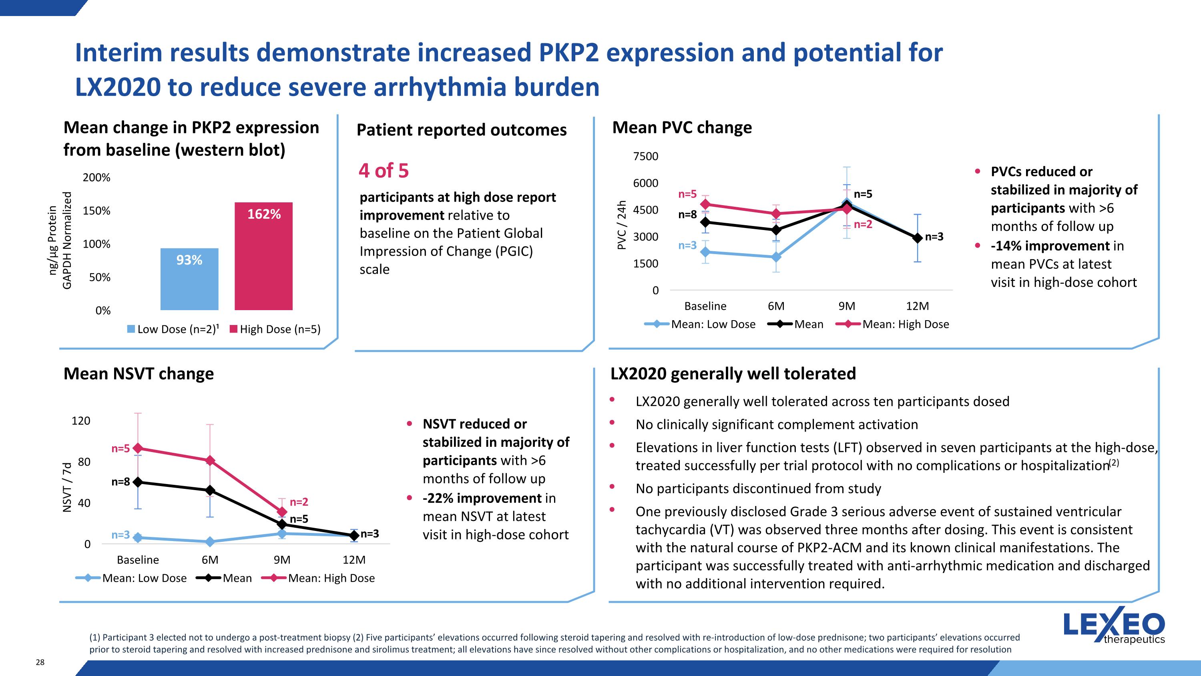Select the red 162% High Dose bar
point(263,256)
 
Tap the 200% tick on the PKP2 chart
point(96,178)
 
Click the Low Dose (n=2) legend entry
point(173,329)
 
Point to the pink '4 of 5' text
point(383,171)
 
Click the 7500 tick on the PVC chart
point(645,156)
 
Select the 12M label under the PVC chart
point(917,306)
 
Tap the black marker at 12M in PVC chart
point(917,238)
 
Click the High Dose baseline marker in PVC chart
point(705,204)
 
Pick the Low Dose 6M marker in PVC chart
point(776,256)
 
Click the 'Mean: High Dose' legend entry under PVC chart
point(893,324)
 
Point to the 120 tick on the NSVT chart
point(80,421)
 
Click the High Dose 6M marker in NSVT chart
point(210,460)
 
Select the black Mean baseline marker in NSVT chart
point(138,482)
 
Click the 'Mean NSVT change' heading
point(139,374)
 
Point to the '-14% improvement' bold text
point(1050,246)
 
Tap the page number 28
point(40,662)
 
